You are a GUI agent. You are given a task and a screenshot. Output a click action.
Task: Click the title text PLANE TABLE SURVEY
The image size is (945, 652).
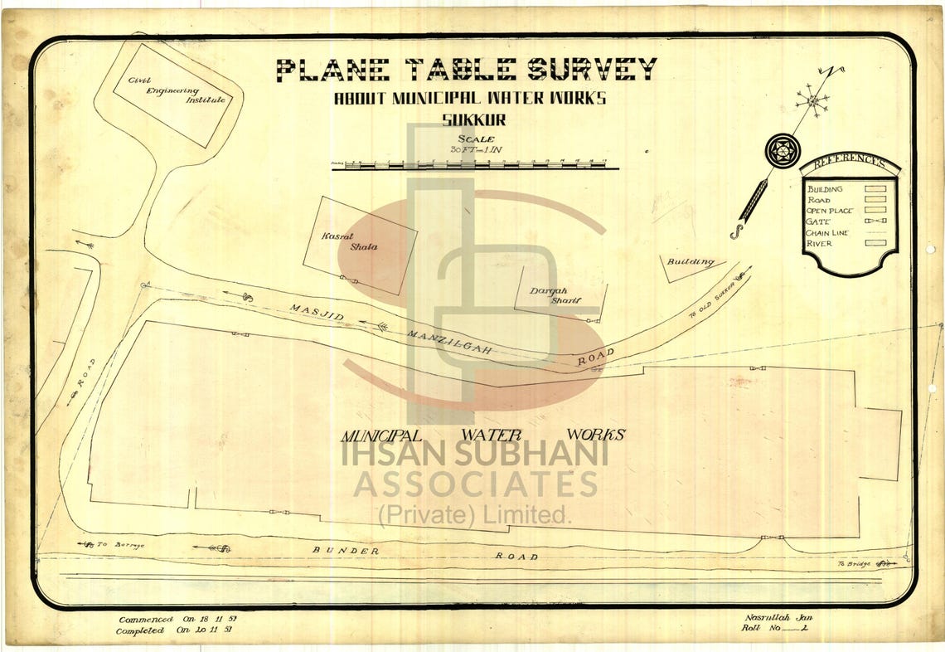click(466, 70)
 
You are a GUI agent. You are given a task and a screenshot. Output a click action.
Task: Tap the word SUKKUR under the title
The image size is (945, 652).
click(469, 119)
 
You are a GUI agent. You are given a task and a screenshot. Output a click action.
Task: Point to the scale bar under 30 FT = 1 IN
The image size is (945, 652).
click(474, 165)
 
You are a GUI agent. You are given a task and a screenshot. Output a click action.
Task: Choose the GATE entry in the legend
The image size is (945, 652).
click(821, 222)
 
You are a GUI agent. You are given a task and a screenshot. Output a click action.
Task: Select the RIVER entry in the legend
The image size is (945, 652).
click(821, 244)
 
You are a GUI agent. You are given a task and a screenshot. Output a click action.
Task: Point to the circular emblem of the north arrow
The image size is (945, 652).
click(782, 150)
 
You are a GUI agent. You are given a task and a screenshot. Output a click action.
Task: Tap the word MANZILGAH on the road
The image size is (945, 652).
click(451, 343)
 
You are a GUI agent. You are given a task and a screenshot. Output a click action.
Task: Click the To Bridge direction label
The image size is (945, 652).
click(855, 564)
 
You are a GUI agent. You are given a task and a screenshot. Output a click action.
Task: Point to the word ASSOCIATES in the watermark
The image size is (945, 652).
click(476, 484)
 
